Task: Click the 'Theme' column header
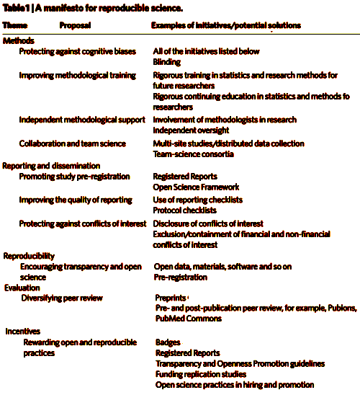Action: pos(15,25)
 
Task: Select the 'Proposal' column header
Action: pos(75,25)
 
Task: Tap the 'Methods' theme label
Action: pos(19,41)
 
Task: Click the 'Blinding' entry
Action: pos(167,62)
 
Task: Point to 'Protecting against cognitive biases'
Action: pos(78,52)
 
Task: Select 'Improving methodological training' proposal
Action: pos(78,76)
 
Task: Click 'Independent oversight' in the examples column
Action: pos(191,130)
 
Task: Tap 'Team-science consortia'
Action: pos(194,154)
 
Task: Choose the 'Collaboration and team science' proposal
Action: pos(73,143)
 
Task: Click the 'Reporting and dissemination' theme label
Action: pos(51,166)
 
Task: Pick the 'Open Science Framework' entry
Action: pos(196,187)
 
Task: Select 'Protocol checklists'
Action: pos(184,210)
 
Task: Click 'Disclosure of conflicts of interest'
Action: pos(208,223)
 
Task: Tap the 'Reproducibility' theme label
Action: pos(29,256)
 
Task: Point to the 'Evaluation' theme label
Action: pos(22,288)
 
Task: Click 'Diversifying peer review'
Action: pos(62,298)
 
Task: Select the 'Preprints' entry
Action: pos(171,298)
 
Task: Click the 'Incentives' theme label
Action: pos(23,332)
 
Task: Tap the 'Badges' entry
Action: pos(168,342)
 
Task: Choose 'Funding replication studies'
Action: pos(201,374)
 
